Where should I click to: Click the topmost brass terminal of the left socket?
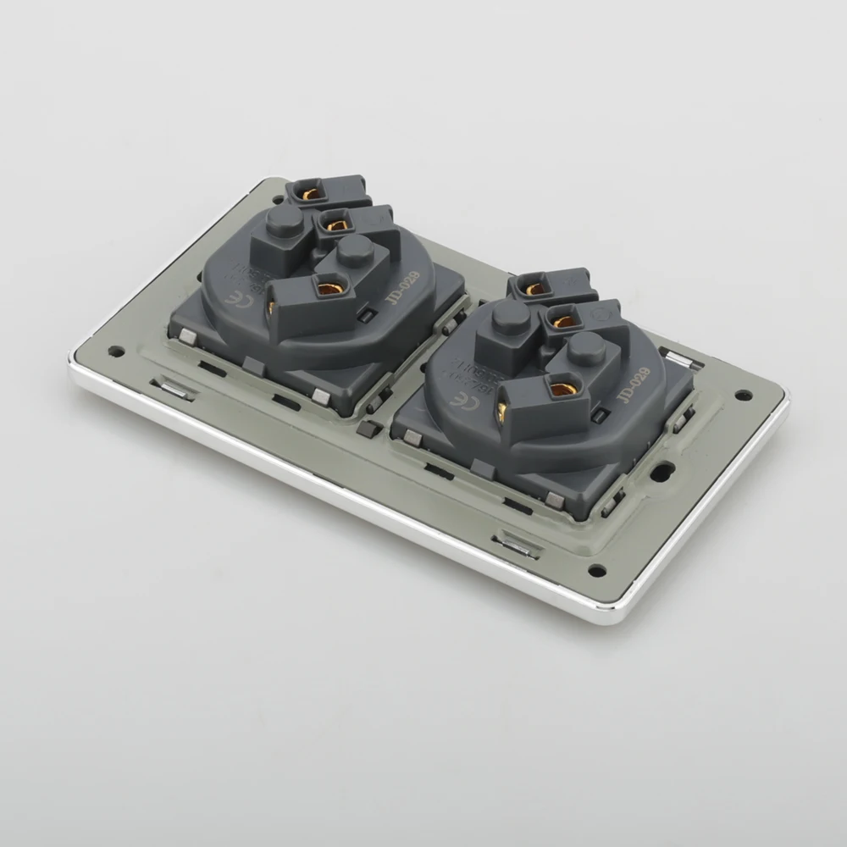pyautogui.click(x=310, y=194)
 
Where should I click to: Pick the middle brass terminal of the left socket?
pyautogui.click(x=336, y=225)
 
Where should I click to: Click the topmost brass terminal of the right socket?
pyautogui.click(x=534, y=289)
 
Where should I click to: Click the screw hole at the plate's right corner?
pyautogui.click(x=743, y=395)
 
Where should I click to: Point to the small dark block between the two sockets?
pyautogui.click(x=367, y=429)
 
